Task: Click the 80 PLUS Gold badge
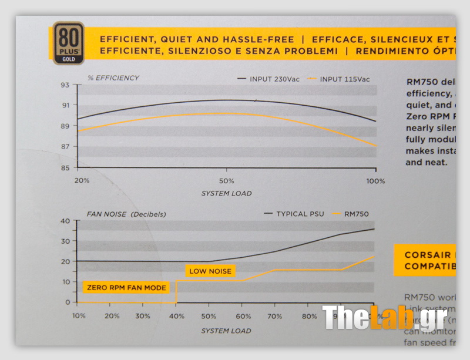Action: [x=68, y=43]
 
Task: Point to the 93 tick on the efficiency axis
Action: [x=65, y=85]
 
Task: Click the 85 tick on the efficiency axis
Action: [x=65, y=168]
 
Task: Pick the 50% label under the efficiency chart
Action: [x=227, y=180]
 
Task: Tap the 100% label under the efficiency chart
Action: [x=375, y=180]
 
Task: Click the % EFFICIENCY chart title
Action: [x=113, y=78]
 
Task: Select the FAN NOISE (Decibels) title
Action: [x=126, y=214]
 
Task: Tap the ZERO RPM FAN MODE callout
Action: [x=126, y=288]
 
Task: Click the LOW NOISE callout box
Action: [x=210, y=271]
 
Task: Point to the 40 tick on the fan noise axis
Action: [x=65, y=221]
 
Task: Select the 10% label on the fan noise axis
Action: [x=79, y=316]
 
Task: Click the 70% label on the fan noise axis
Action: [x=276, y=316]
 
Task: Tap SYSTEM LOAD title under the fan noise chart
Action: [x=226, y=331]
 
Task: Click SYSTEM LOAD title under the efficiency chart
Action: [x=226, y=193]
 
